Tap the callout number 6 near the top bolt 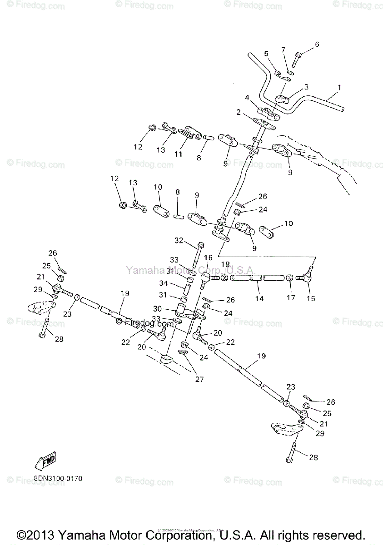(x=317, y=44)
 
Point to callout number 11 (x=178, y=154)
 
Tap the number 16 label (x=208, y=258)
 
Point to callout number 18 (x=225, y=265)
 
